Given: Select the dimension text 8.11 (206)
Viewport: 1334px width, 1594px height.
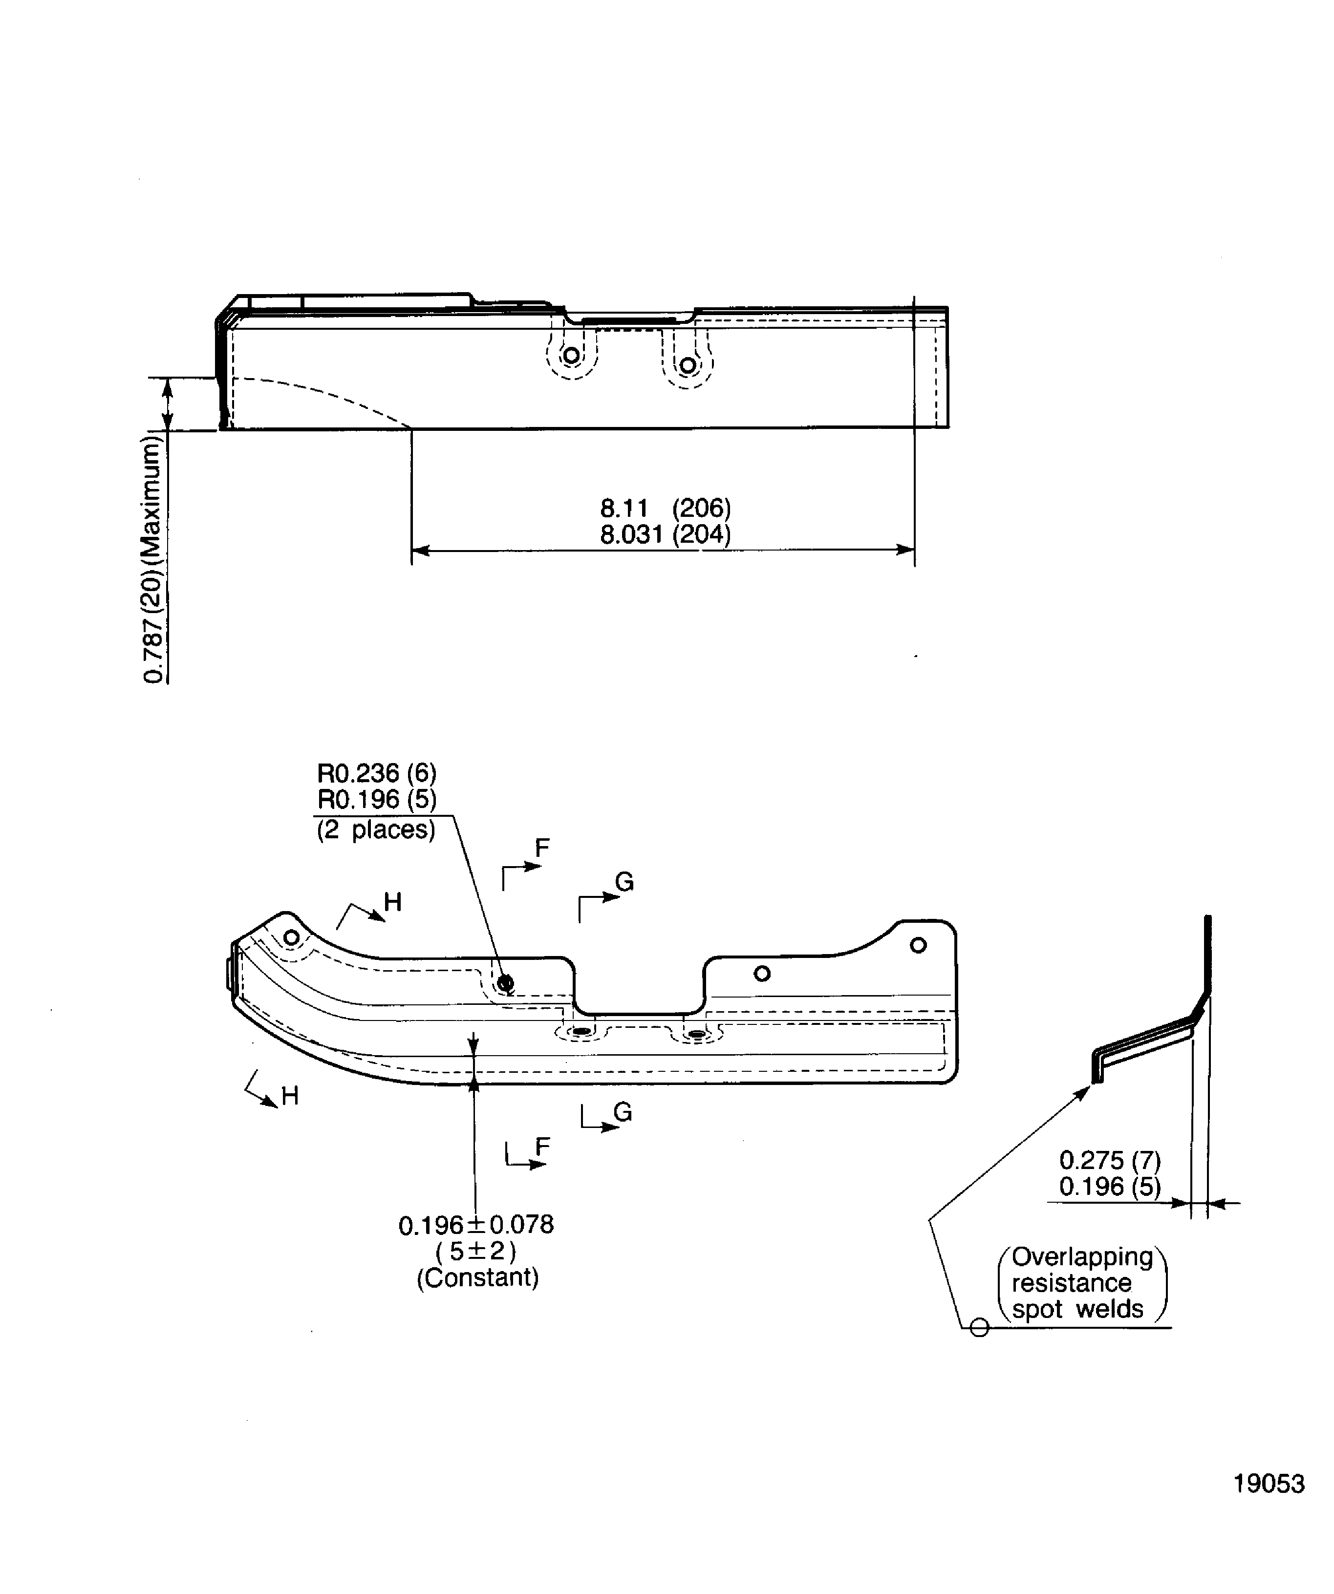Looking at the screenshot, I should [665, 507].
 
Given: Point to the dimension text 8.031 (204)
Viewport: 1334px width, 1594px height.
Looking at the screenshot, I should [665, 534].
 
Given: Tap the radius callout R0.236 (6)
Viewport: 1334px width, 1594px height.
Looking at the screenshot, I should [377, 773].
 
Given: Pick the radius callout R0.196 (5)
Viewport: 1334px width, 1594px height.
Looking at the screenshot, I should [377, 799].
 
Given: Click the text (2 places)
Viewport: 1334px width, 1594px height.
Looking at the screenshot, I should [376, 829].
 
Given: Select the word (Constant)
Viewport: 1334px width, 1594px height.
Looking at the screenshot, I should [477, 1277].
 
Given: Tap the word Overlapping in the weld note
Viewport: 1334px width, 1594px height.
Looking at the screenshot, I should [1082, 1256].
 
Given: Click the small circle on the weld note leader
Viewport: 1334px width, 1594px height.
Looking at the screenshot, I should [979, 1328].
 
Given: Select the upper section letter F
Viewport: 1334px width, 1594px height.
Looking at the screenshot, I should [542, 848].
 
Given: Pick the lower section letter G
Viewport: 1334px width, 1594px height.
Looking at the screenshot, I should [623, 1112].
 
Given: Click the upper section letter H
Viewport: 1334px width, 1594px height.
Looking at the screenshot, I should [392, 902].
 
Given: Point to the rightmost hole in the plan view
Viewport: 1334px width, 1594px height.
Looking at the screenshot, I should [918, 945].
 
